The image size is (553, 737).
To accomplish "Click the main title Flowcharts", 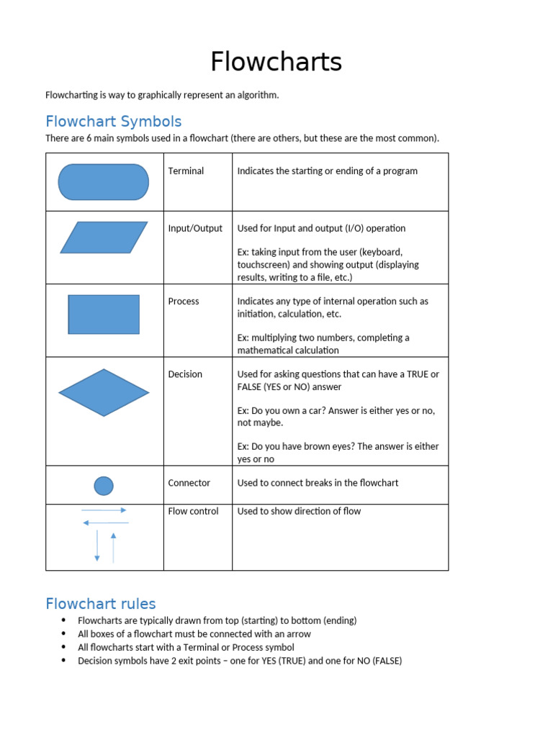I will point(276,63).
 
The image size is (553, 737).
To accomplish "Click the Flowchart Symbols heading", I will point(113,121).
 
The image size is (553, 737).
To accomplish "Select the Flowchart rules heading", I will point(100,603).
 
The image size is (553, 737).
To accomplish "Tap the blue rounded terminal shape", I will point(103,182).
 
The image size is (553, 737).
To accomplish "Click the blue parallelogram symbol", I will point(104,238).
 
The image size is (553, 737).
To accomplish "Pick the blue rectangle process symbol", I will point(104,315).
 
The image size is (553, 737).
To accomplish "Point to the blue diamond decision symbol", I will point(104,393).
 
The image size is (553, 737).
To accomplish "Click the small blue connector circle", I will point(104,486).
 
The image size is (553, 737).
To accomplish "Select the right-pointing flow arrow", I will point(104,510).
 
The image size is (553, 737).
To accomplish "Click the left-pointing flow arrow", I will point(106,523).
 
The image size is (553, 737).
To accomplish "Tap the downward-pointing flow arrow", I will point(97,546).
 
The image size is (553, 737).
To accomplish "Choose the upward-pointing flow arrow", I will point(113,547).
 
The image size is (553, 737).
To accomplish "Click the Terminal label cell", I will point(186,171).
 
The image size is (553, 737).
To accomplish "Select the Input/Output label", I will point(195,228).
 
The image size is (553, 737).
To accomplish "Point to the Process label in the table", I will point(184,301).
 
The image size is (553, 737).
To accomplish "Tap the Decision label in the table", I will point(185,374).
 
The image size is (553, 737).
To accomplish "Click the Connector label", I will point(189,483).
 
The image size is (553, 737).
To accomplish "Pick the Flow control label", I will point(193,511).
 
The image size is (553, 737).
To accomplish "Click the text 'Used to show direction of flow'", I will point(299,511).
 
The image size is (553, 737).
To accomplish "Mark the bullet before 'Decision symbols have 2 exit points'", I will point(64,661).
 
